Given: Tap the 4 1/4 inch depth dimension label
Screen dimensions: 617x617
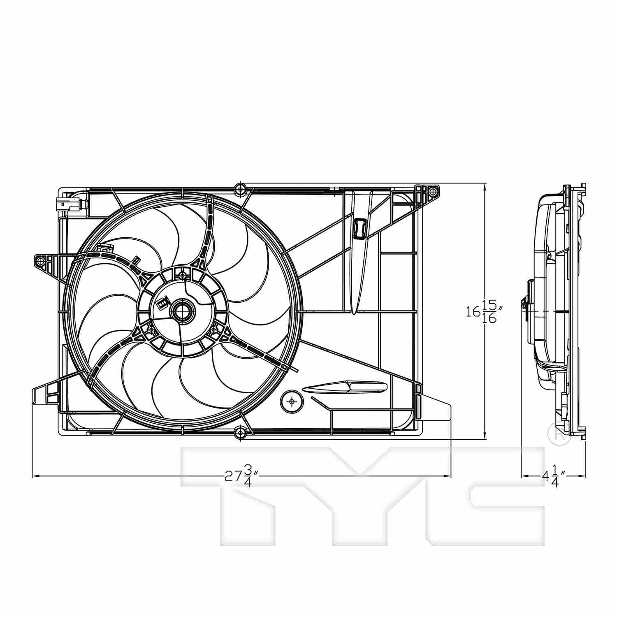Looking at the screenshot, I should coord(551,476).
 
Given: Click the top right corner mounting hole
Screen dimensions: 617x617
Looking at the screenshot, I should coord(431,190).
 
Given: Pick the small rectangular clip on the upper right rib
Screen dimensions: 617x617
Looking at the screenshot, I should coord(359,227).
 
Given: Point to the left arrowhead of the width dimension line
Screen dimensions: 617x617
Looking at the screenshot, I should coord(35,476).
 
